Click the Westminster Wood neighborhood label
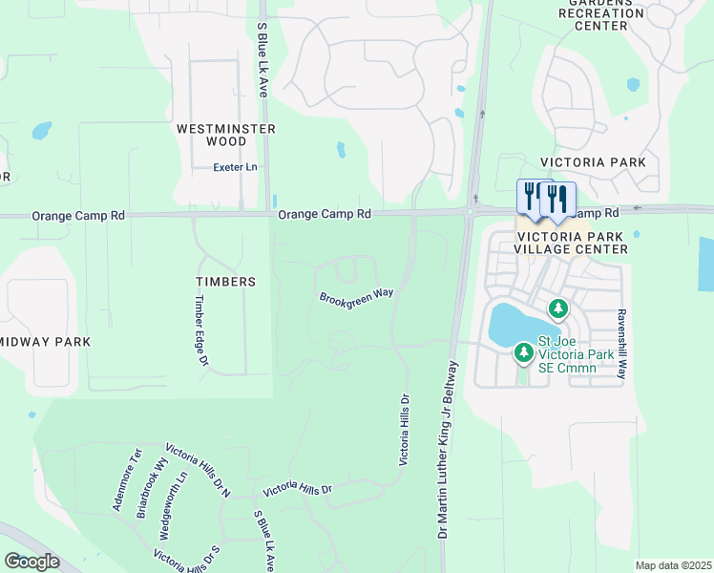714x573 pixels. click(x=226, y=135)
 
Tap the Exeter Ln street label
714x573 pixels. click(x=235, y=167)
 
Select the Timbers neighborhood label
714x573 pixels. click(x=225, y=282)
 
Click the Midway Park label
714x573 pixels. click(x=44, y=342)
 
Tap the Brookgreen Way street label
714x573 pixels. click(x=356, y=296)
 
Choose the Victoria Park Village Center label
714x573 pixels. click(x=574, y=243)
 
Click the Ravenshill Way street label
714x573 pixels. click(x=621, y=345)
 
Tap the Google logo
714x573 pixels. click(x=31, y=562)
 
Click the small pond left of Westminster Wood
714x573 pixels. click(x=42, y=130)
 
